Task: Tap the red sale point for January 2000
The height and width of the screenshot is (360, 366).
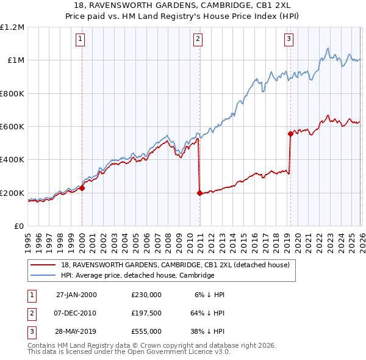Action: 82,189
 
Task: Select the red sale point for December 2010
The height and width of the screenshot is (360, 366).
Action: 200,193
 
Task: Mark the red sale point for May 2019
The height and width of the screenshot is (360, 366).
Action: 290,134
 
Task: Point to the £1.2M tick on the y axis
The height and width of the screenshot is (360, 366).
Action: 12,27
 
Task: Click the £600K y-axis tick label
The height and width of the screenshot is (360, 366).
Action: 12,127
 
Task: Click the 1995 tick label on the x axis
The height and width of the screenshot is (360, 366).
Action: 28,238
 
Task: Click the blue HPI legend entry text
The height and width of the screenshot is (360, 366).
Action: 137,275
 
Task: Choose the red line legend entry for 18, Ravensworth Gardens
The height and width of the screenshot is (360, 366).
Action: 178,265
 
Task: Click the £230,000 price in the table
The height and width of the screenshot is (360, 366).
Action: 146,294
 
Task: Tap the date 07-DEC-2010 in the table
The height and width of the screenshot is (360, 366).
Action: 76,312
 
